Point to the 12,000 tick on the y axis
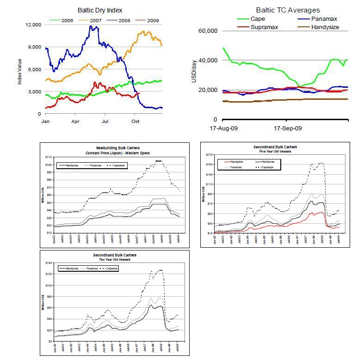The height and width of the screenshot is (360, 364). [x=34, y=24]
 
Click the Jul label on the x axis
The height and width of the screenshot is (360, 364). [x=105, y=121]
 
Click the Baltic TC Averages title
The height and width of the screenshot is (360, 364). [x=288, y=10]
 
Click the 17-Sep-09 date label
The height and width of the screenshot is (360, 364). [x=288, y=128]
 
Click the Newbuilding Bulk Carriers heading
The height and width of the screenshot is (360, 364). [x=114, y=148]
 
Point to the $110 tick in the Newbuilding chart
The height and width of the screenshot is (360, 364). [x=48, y=157]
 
